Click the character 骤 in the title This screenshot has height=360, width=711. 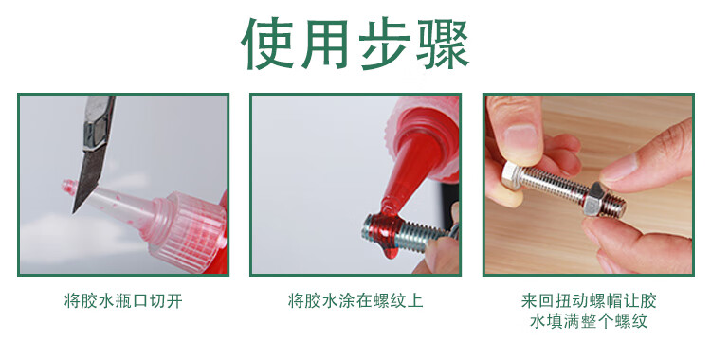coord(443,43)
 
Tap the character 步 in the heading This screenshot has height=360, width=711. coord(385,43)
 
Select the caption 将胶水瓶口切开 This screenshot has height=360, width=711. coord(124,301)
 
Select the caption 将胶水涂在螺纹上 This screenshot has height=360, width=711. coord(355,301)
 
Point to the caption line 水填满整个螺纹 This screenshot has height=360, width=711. coord(589,321)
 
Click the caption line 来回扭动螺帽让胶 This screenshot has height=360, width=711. coord(589,301)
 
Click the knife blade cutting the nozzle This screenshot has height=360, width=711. coord(89,178)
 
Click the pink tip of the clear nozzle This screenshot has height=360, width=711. coord(68,186)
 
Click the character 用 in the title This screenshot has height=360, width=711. coord(324,43)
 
